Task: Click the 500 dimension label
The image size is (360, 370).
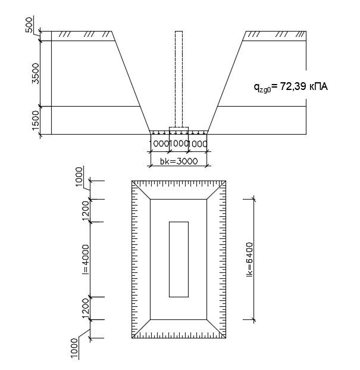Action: tap(29, 25)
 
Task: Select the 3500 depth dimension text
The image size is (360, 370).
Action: tap(36, 73)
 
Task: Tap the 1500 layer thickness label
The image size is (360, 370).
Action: tap(36, 120)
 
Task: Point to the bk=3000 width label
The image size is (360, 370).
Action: tap(179, 161)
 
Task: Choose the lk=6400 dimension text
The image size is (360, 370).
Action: tap(250, 259)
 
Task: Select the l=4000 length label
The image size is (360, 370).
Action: tap(86, 259)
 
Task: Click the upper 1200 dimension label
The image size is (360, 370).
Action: tap(86, 210)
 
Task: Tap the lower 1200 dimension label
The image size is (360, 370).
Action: tap(86, 308)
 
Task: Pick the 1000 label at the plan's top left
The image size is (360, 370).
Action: tap(79, 177)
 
